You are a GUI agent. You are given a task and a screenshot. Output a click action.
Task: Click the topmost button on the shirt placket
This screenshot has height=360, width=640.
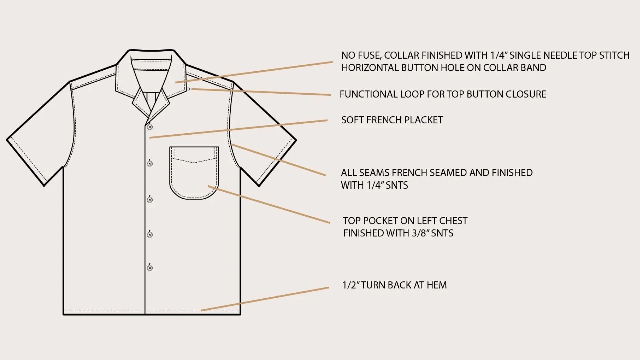150,127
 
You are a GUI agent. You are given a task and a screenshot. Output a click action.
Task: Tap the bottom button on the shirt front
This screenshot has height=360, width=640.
150,268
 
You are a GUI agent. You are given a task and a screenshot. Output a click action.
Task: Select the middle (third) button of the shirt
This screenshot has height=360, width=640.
150,200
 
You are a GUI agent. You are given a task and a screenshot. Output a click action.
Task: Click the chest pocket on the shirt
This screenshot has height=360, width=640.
194,173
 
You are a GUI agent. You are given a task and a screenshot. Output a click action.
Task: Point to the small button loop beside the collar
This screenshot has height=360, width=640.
189,89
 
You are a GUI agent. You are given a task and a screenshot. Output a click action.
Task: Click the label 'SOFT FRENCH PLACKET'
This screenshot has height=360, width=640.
392,120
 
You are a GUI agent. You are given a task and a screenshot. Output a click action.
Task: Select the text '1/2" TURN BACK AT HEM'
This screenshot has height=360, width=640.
395,285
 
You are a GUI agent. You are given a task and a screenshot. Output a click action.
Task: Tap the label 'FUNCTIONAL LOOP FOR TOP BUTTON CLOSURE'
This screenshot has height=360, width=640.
443,94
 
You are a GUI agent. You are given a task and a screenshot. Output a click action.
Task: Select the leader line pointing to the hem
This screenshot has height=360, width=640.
265,299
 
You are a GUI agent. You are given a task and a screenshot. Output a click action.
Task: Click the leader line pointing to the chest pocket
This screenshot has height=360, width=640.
269,204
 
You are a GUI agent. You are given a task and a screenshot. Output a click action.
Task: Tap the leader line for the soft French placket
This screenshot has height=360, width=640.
238,129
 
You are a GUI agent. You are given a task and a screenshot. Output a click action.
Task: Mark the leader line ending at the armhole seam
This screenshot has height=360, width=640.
278,159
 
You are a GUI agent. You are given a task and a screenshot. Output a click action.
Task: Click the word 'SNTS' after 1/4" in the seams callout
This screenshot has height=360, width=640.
397,185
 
